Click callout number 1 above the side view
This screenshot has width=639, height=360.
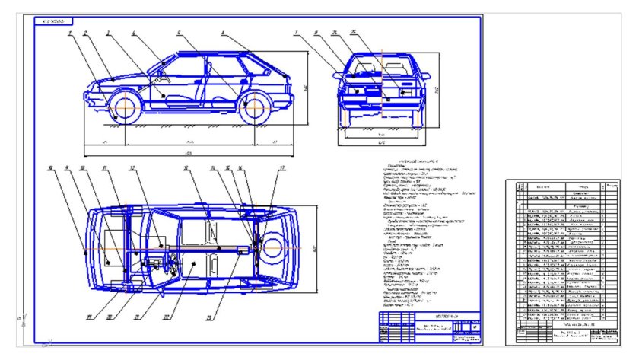coord(68,33)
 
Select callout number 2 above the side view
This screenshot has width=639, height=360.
coord(85,33)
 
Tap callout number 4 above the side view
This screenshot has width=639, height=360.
coord(135,33)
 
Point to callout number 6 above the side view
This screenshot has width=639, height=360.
coord(223,33)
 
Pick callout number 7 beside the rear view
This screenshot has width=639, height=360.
coord(295,33)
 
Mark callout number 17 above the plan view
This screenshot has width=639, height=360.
coord(281,167)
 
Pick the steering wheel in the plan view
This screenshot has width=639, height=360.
coord(173,267)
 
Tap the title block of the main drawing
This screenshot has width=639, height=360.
coord(430,327)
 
